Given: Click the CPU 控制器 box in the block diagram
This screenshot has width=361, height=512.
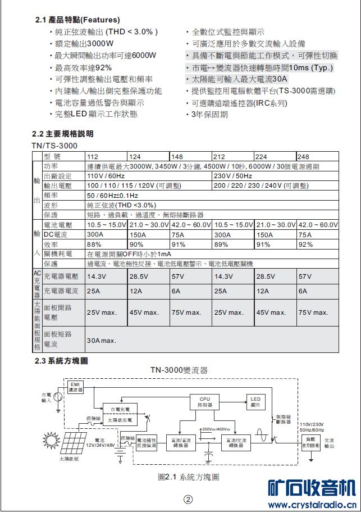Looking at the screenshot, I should pos(205,402).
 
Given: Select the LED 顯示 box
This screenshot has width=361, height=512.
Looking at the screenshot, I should pos(255,401).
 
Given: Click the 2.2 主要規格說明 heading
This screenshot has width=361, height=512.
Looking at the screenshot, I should pos(62,134).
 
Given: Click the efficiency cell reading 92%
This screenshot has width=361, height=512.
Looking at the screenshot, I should pos(306,244).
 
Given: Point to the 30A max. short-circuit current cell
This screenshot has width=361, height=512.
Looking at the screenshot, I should pos(102,341).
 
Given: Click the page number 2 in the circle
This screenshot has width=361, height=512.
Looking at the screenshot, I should pos(188,500).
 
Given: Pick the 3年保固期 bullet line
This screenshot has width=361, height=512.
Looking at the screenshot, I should pos(210,115).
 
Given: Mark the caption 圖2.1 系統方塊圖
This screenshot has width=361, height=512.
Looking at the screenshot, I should pos(188,477).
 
